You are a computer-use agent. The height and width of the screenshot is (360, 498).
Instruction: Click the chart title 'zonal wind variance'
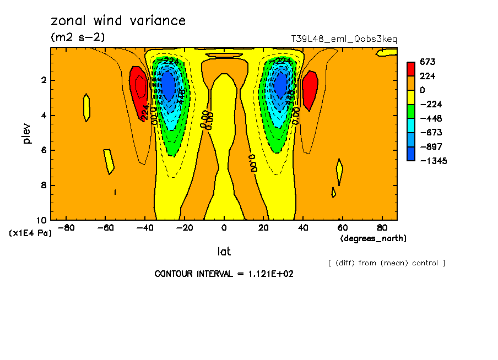[118, 21]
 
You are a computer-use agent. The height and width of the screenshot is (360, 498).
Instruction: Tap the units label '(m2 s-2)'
[77, 37]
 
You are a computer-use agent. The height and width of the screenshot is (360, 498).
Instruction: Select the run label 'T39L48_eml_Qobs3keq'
[344, 39]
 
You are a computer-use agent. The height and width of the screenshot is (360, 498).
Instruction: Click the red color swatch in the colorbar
[411, 69]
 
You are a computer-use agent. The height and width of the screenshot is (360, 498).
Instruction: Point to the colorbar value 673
[427, 62]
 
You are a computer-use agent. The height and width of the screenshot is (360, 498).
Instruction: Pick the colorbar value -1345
[432, 161]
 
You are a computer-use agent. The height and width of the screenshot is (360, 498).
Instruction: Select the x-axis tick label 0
[224, 228]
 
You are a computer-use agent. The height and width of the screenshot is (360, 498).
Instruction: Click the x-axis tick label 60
[342, 228]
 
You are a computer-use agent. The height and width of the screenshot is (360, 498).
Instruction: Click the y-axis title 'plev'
[27, 133]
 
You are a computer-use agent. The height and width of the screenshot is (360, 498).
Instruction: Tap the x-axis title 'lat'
[224, 252]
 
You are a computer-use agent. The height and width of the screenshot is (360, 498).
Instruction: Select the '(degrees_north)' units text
[373, 238]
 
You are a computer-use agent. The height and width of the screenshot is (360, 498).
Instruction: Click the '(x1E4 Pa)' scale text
[30, 233]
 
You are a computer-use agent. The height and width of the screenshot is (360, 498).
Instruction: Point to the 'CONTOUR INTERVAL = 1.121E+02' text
[224, 274]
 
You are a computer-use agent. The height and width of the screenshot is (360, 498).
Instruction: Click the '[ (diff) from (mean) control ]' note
[386, 263]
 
